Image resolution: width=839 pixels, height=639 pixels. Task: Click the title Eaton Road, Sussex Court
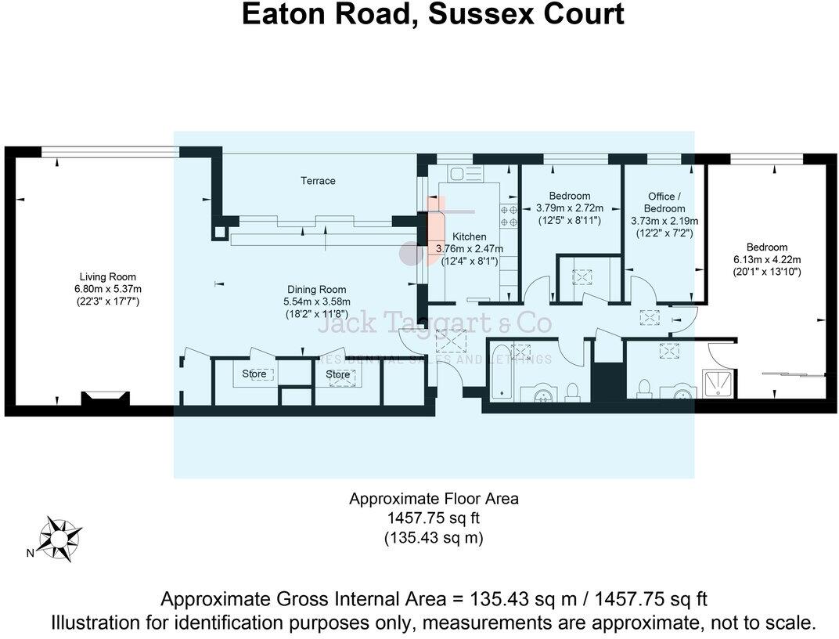(x=432, y=15)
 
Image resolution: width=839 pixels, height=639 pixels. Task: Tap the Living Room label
(x=107, y=276)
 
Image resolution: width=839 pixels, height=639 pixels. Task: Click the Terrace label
(x=318, y=181)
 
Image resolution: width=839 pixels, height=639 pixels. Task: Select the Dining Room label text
(x=316, y=290)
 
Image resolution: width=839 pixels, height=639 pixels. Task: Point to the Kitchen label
(x=470, y=236)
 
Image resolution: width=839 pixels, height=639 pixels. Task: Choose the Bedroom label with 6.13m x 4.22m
(x=766, y=247)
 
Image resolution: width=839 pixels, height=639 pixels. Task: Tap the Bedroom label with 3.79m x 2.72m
(x=569, y=196)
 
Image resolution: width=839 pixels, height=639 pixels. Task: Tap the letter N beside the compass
(x=30, y=554)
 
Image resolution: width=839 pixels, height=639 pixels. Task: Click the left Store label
(x=254, y=374)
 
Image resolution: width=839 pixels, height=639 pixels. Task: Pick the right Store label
(x=338, y=374)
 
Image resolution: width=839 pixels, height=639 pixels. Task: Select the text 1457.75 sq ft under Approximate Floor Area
(x=433, y=518)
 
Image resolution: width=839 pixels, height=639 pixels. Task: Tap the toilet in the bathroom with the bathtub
(x=572, y=389)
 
